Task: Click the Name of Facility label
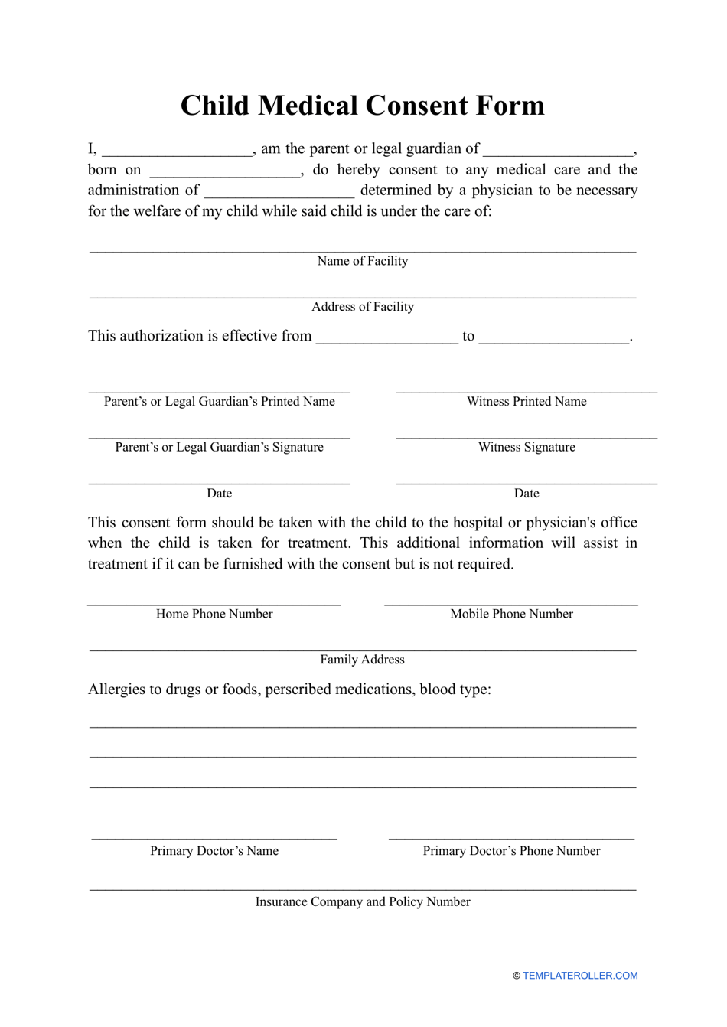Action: coord(363,261)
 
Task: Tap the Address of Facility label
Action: coord(363,307)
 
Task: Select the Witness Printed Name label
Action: coord(527,402)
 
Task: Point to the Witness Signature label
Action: coord(527,448)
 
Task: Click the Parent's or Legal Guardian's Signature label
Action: coord(220,448)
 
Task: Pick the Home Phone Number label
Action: coord(214,614)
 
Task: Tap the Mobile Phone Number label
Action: coord(511,614)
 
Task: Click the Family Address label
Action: coord(363,660)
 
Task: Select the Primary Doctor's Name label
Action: coord(214,851)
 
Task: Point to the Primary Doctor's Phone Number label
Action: coord(511,851)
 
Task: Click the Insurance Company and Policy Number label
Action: coord(363,902)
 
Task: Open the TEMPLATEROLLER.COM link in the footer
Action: coord(580,976)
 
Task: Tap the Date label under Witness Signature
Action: coord(527,494)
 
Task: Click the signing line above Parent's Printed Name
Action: coord(220,392)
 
